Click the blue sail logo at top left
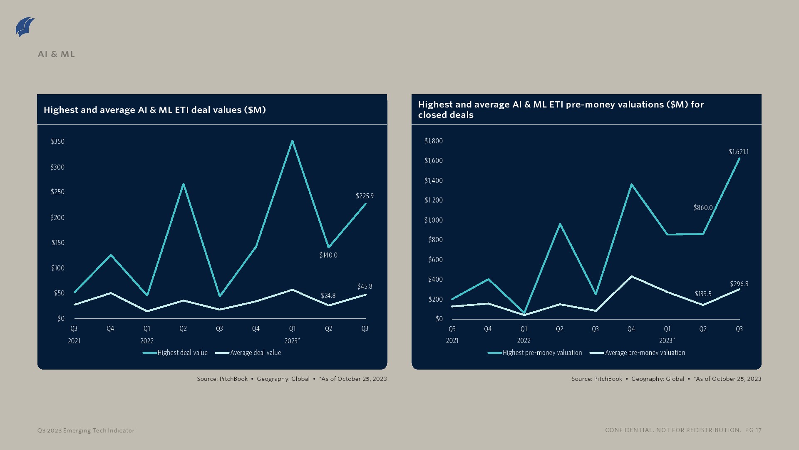pyautogui.click(x=25, y=27)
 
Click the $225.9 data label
pyautogui.click(x=365, y=196)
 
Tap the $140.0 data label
pyautogui.click(x=328, y=255)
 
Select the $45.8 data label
pyautogui.click(x=365, y=286)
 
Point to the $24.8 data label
pyautogui.click(x=328, y=295)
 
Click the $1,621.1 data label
pyautogui.click(x=738, y=152)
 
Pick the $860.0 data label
pyautogui.click(x=703, y=207)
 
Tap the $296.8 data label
pyautogui.click(x=739, y=284)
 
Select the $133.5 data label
pyautogui.click(x=703, y=294)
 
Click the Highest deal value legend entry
pyautogui.click(x=175, y=352)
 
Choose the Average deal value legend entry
pyautogui.click(x=248, y=352)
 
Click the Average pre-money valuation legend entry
pyautogui.click(x=638, y=352)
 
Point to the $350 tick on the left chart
pyautogui.click(x=58, y=141)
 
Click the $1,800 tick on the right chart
pyautogui.click(x=434, y=141)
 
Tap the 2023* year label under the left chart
pyautogui.click(x=292, y=341)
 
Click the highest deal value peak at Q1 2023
pyautogui.click(x=293, y=141)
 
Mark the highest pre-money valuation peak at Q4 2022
pyautogui.click(x=631, y=185)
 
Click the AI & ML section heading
pyautogui.click(x=56, y=54)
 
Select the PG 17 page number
pyautogui.click(x=753, y=430)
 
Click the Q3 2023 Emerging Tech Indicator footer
pyautogui.click(x=86, y=430)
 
